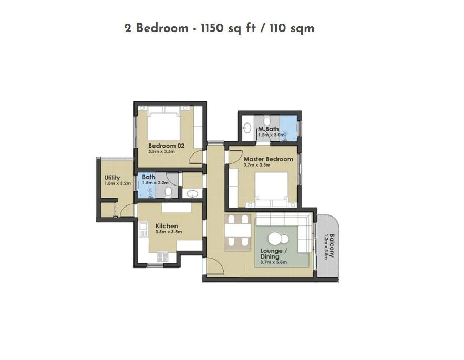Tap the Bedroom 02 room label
(x=166, y=146)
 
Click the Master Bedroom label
(x=268, y=159)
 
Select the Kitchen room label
(x=167, y=226)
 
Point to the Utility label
(x=112, y=178)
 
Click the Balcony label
(x=332, y=245)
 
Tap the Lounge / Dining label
(x=273, y=254)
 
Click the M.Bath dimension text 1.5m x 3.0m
(x=271, y=135)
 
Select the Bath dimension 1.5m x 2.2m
(x=155, y=183)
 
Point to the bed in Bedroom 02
(x=163, y=123)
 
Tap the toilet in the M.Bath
(x=267, y=120)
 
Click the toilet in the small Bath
(x=168, y=192)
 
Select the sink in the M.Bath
(x=247, y=128)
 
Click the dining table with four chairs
(x=238, y=230)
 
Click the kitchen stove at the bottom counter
(x=162, y=256)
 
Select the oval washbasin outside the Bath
(x=193, y=193)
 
